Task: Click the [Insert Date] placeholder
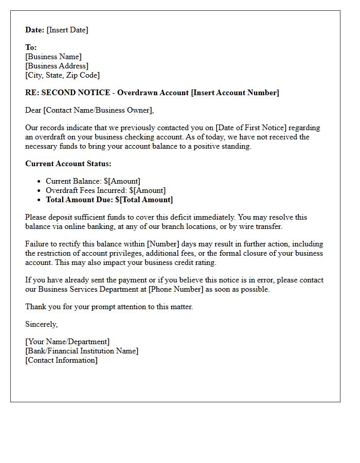tap(67, 30)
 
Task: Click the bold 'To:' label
tap(31, 47)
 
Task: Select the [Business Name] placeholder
tap(53, 57)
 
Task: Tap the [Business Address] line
tap(57, 66)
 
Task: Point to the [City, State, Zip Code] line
tap(62, 75)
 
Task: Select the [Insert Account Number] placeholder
tap(235, 93)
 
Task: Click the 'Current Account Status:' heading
tap(68, 164)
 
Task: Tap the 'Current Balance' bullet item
tap(93, 181)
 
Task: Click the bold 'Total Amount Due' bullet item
tap(109, 200)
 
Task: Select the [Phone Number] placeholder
tap(187, 289)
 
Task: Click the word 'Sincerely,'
tap(42, 324)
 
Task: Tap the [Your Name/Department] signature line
tap(67, 342)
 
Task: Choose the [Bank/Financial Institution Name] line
tap(82, 351)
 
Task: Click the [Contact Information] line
tap(61, 360)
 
